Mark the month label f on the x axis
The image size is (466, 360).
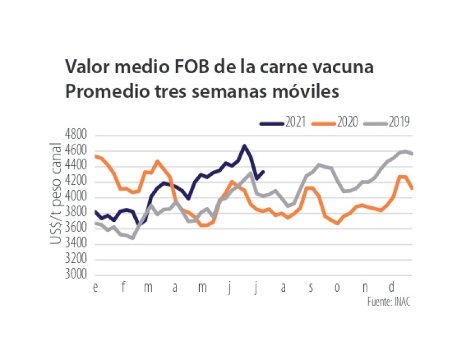point(123,287)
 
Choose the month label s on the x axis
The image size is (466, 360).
point(311,287)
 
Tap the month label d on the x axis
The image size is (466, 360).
point(392,287)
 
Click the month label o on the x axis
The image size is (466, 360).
point(337,287)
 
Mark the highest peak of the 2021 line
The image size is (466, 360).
point(244,146)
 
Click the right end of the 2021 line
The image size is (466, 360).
point(263,172)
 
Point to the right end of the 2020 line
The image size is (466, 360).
point(412,189)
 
